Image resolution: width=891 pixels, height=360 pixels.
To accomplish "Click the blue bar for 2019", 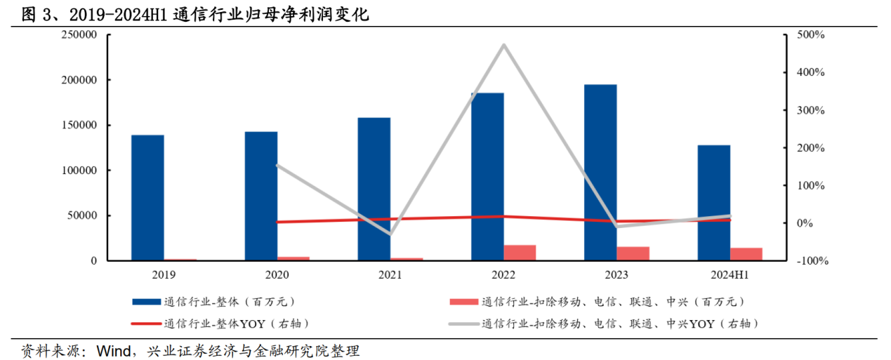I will click(147, 197).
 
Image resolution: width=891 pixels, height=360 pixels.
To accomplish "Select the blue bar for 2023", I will click(600, 172).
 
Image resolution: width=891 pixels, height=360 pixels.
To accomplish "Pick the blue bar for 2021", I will click(374, 189).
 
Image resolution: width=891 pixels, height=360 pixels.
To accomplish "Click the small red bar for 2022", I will click(520, 253).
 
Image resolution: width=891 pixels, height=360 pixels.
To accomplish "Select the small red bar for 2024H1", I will click(746, 254).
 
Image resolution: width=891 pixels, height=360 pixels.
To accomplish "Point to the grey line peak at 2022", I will click(503, 45).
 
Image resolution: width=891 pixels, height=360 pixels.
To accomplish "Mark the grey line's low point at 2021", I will click(390, 234).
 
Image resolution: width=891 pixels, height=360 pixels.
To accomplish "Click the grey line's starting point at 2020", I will click(277, 166).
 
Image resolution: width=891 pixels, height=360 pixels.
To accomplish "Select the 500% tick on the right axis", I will click(810, 35).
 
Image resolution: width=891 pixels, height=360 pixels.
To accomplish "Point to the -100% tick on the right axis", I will click(808, 261).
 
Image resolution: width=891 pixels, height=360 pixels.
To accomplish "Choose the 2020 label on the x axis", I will click(277, 276).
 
